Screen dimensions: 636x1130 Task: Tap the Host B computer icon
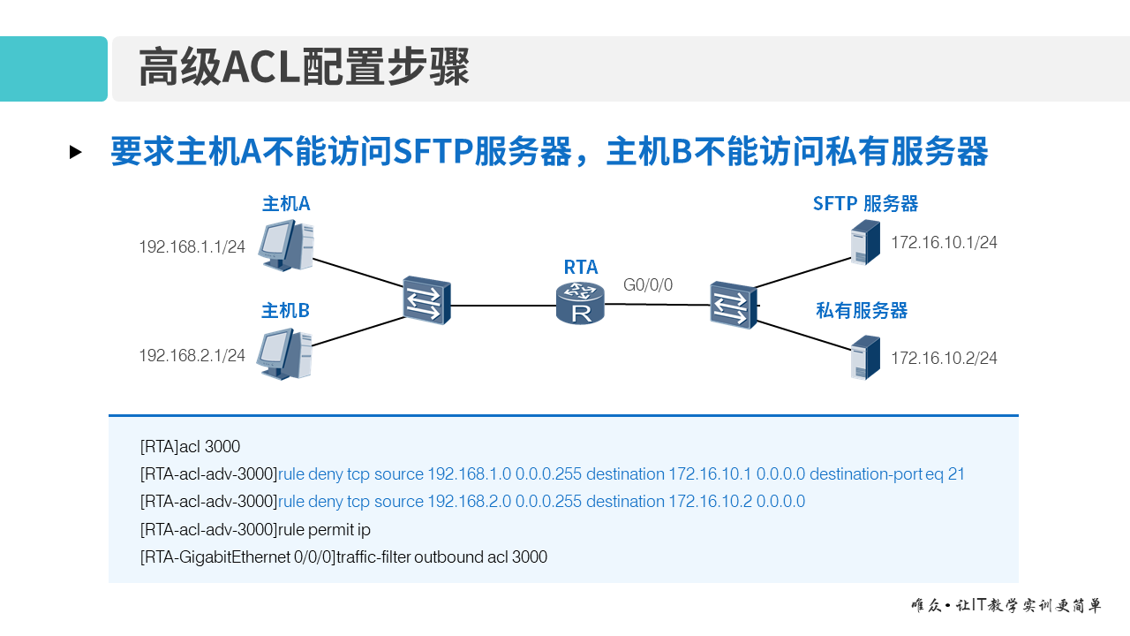point(284,354)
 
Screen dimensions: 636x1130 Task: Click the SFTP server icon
point(865,242)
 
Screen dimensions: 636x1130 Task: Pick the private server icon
point(865,358)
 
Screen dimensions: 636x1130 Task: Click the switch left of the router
point(427,300)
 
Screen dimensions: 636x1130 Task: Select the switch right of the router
point(734,305)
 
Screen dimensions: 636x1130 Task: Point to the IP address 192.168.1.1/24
point(192,247)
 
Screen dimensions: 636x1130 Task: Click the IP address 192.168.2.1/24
point(192,356)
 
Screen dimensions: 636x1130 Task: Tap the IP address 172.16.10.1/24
point(944,243)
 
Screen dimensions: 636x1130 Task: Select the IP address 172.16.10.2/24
point(944,359)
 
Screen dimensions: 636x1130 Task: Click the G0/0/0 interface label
point(648,285)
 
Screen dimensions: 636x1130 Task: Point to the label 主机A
point(286,204)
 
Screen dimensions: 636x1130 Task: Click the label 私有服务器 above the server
point(862,311)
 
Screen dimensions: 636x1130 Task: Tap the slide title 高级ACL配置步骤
point(304,68)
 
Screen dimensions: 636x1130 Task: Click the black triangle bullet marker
point(76,152)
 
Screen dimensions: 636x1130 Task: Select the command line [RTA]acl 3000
point(190,447)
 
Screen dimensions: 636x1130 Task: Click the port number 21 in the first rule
point(956,474)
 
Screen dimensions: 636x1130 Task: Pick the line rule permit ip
point(324,530)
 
